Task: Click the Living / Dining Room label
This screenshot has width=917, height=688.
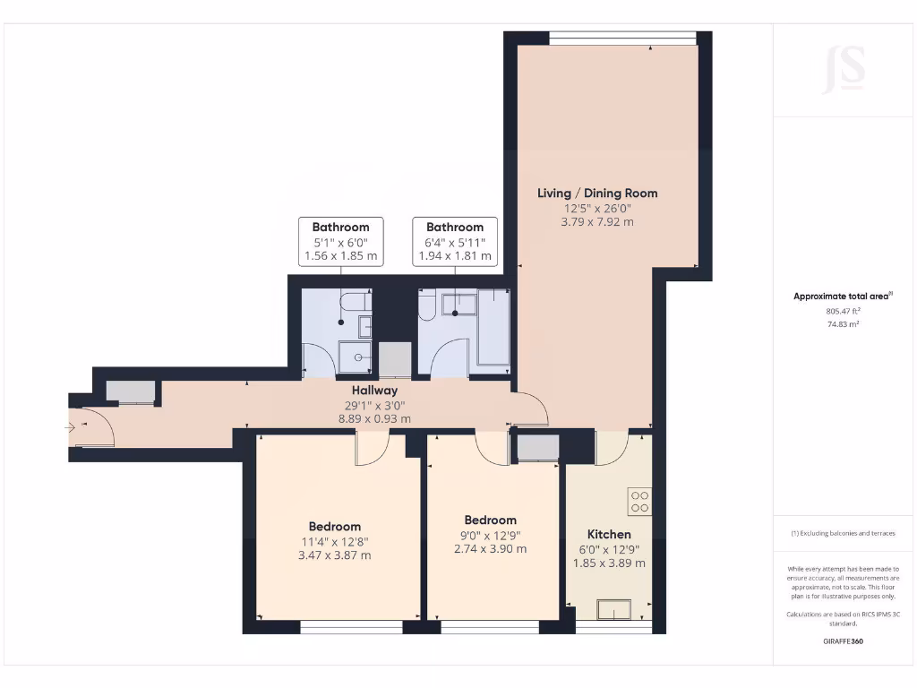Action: coord(597,193)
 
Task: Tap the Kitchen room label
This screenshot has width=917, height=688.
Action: coord(609,534)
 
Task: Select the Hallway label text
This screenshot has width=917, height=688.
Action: coord(374,391)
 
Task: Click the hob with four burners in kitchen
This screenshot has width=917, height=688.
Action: coord(639,501)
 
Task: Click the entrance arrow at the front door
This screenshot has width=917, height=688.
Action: coord(71,428)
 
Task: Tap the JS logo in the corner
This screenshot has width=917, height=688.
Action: coord(844,69)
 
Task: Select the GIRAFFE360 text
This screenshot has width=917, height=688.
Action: coord(843,641)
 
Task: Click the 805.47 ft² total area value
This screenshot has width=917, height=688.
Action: coord(843,311)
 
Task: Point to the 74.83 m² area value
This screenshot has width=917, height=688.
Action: coord(843,324)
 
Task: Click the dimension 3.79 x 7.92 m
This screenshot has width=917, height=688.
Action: coord(597,221)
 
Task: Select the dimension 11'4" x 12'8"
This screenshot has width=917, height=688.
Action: coord(335,541)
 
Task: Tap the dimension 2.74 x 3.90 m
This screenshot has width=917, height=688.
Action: coord(490,549)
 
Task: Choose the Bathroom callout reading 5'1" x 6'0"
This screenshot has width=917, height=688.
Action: coord(340,242)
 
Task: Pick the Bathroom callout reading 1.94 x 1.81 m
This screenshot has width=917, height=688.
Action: coord(455,256)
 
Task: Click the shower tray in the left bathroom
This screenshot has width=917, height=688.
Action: coord(358,357)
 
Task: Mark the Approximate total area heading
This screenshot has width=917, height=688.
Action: coord(843,297)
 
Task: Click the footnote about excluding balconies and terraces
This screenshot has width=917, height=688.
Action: coord(843,533)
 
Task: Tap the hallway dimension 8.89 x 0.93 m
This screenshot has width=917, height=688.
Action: coord(374,418)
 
